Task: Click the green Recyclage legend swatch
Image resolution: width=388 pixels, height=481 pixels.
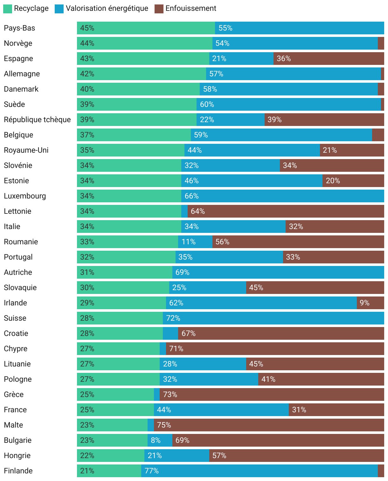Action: [x=8, y=9]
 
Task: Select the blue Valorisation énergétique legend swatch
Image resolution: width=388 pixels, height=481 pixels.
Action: [x=59, y=9]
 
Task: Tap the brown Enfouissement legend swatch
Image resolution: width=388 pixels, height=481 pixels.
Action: [x=159, y=9]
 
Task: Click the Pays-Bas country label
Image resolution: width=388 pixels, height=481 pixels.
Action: [x=19, y=28]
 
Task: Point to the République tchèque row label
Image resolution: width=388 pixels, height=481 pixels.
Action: [x=37, y=120]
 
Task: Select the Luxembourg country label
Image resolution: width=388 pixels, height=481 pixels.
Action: [x=25, y=196]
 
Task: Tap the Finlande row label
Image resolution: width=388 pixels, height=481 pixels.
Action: [x=18, y=471]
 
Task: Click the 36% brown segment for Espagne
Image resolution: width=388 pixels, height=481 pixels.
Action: [x=329, y=59]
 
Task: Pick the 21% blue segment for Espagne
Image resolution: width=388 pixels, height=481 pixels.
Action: [x=241, y=59]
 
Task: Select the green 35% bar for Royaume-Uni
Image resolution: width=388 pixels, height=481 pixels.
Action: [x=130, y=150]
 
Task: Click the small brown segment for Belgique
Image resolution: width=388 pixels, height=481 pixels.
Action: [x=378, y=135]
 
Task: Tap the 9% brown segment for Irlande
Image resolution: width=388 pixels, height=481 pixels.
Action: [x=370, y=303]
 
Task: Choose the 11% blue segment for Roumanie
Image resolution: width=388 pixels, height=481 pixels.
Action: [x=195, y=242]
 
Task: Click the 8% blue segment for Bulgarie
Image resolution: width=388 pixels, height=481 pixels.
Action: [x=160, y=440]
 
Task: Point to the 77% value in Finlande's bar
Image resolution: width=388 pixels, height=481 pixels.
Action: [x=151, y=471]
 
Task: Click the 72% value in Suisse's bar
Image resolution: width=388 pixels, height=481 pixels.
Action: [x=173, y=318]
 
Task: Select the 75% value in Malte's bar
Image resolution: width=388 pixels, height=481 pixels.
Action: [x=164, y=425]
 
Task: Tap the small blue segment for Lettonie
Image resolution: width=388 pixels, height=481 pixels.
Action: [x=184, y=211]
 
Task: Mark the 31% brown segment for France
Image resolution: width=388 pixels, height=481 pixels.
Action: [x=336, y=410]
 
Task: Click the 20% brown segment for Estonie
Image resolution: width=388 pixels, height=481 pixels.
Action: [x=353, y=181]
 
